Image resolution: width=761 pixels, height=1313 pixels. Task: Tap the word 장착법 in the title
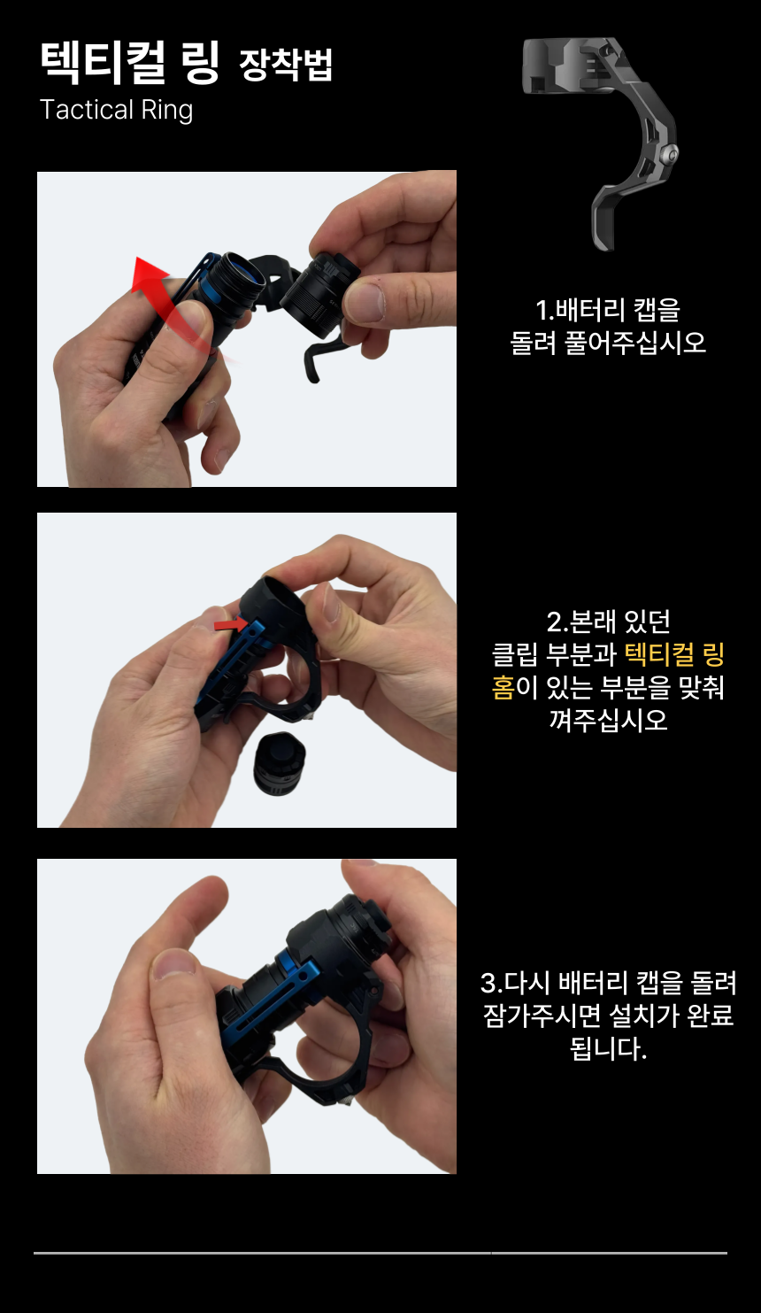(286, 64)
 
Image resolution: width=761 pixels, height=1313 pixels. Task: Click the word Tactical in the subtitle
(87, 110)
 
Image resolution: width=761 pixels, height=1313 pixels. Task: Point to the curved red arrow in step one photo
(170, 305)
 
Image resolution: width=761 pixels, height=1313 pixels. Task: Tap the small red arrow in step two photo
(231, 624)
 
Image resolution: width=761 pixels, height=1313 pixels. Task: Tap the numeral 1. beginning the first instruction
(545, 310)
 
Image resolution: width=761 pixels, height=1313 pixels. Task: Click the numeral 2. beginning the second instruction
(557, 622)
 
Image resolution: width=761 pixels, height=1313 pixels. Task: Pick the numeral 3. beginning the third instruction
(491, 983)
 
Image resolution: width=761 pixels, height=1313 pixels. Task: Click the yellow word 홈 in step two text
(503, 687)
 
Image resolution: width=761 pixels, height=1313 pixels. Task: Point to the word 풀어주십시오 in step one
(635, 343)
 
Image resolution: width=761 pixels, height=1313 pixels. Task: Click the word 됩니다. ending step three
(608, 1048)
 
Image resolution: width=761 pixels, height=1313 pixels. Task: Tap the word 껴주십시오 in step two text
(608, 720)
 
